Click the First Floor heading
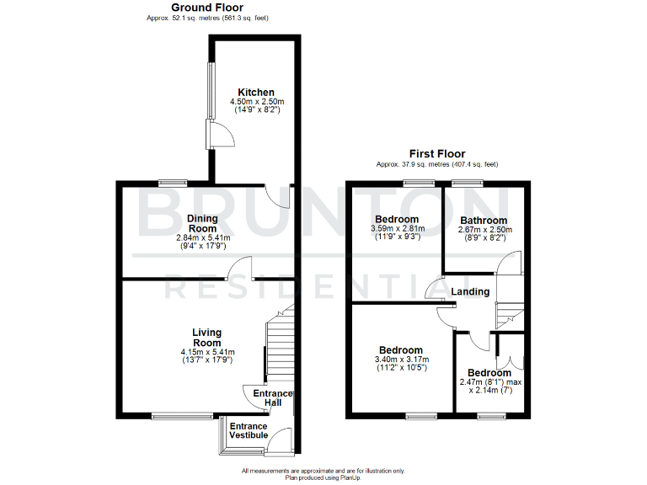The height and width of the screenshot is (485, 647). [x=436, y=153]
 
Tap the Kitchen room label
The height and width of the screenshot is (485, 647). [x=255, y=93]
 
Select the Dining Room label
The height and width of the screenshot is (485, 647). [x=202, y=223]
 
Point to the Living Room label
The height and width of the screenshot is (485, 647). [x=206, y=338]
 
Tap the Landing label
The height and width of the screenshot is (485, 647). [x=470, y=292]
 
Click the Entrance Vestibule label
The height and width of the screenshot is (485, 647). [x=249, y=430]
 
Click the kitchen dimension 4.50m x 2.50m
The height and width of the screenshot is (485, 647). [x=255, y=102]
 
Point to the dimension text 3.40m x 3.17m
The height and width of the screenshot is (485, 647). [x=399, y=360]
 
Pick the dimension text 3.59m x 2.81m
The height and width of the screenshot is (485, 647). [x=399, y=228]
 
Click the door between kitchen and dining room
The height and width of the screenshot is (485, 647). [x=278, y=195]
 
